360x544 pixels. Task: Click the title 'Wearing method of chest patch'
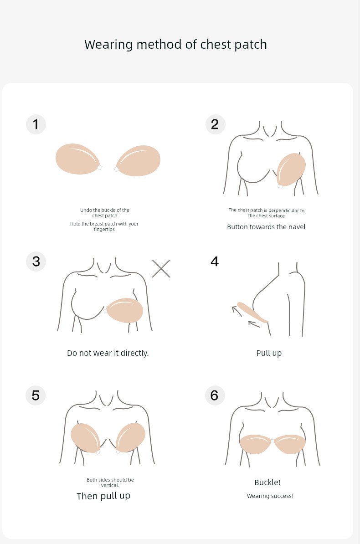(175, 45)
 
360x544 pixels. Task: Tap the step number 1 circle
(36, 124)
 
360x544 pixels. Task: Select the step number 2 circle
(215, 124)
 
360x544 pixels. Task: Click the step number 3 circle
(36, 261)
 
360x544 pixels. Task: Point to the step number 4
(215, 261)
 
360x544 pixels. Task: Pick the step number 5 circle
(36, 395)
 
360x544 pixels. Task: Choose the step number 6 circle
(215, 395)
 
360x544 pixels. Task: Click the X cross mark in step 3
(161, 268)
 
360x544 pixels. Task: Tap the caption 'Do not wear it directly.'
(108, 353)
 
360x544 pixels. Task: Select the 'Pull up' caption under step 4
(269, 353)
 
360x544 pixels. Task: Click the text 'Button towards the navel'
(266, 227)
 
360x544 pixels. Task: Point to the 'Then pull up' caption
(103, 496)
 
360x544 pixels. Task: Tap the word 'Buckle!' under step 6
(267, 482)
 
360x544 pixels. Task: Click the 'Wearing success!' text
(270, 496)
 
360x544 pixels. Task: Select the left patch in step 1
(78, 159)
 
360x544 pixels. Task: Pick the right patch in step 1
(138, 161)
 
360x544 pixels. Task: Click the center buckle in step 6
(273, 441)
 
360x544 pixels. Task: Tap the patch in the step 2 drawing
(291, 169)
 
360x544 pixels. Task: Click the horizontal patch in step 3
(124, 310)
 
